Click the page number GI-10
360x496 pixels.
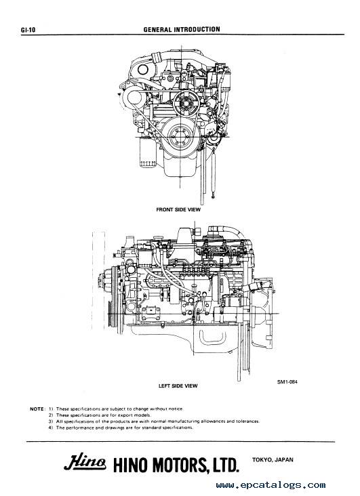(28, 30)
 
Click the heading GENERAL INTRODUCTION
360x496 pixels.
(182, 29)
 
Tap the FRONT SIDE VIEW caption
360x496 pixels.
(178, 209)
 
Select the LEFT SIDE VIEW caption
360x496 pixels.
(178, 386)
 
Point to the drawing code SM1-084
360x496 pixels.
(287, 381)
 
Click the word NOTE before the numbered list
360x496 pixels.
(37, 409)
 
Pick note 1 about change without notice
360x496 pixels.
(116, 409)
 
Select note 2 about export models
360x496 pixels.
(100, 415)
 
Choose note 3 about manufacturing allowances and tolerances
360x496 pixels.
(154, 421)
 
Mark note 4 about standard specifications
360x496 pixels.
(121, 428)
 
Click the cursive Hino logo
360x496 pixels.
(85, 463)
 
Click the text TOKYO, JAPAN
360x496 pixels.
(273, 459)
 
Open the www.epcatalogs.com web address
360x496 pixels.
(271, 485)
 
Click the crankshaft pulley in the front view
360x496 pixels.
(180, 136)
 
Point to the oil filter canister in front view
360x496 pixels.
(147, 152)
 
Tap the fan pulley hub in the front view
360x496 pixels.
(185, 102)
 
